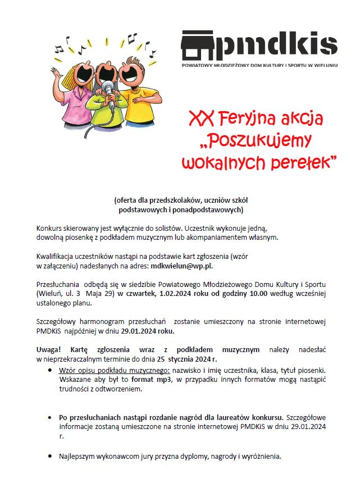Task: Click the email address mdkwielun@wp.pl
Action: click(182, 266)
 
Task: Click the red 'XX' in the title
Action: click(200, 120)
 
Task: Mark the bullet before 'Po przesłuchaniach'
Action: click(51, 417)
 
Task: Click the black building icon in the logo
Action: click(198, 45)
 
